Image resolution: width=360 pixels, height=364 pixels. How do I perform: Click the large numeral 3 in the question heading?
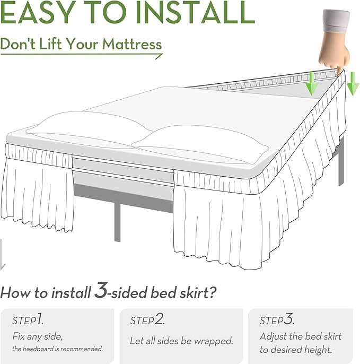click(x=101, y=291)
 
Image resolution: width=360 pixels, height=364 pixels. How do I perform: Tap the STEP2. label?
click(x=147, y=320)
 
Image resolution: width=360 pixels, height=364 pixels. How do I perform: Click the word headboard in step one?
click(x=42, y=349)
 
